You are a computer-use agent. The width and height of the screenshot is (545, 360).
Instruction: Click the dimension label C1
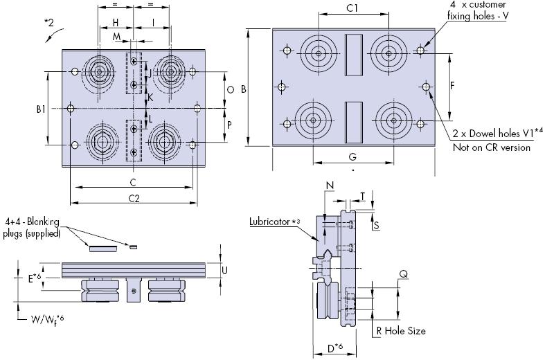pyautogui.click(x=351, y=9)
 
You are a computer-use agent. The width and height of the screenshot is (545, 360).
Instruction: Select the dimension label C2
pyautogui.click(x=135, y=198)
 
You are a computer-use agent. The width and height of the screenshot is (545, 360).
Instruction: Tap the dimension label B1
pyautogui.click(x=41, y=108)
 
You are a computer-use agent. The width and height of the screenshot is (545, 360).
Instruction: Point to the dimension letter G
pyautogui.click(x=352, y=157)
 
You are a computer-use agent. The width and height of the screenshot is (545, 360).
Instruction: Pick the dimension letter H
pyautogui.click(x=115, y=23)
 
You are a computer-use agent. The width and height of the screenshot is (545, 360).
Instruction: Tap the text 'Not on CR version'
pyautogui.click(x=492, y=147)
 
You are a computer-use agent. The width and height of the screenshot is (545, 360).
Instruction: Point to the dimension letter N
pyautogui.click(x=329, y=185)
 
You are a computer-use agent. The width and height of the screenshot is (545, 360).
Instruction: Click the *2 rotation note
pyautogui.click(x=49, y=23)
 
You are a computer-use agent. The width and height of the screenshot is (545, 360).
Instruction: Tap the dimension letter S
pyautogui.click(x=376, y=226)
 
